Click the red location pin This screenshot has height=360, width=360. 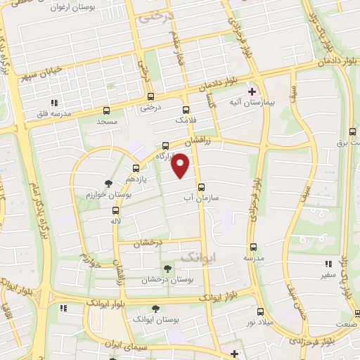tap(181, 165)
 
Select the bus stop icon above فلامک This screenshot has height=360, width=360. tap(186, 110)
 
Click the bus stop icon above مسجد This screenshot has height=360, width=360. tap(106, 110)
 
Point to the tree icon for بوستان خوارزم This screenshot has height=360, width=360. tap(107, 184)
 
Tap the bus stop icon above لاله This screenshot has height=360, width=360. tap(115, 210)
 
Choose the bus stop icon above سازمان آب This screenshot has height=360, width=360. tap(202, 187)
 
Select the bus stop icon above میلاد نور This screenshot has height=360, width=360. tap(261, 310)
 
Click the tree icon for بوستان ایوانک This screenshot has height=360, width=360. tap(155, 308)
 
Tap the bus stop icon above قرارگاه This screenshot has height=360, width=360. tap(165, 146)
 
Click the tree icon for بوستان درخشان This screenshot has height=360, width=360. tap(167, 268)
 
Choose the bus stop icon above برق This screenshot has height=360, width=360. tap(352, 131)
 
